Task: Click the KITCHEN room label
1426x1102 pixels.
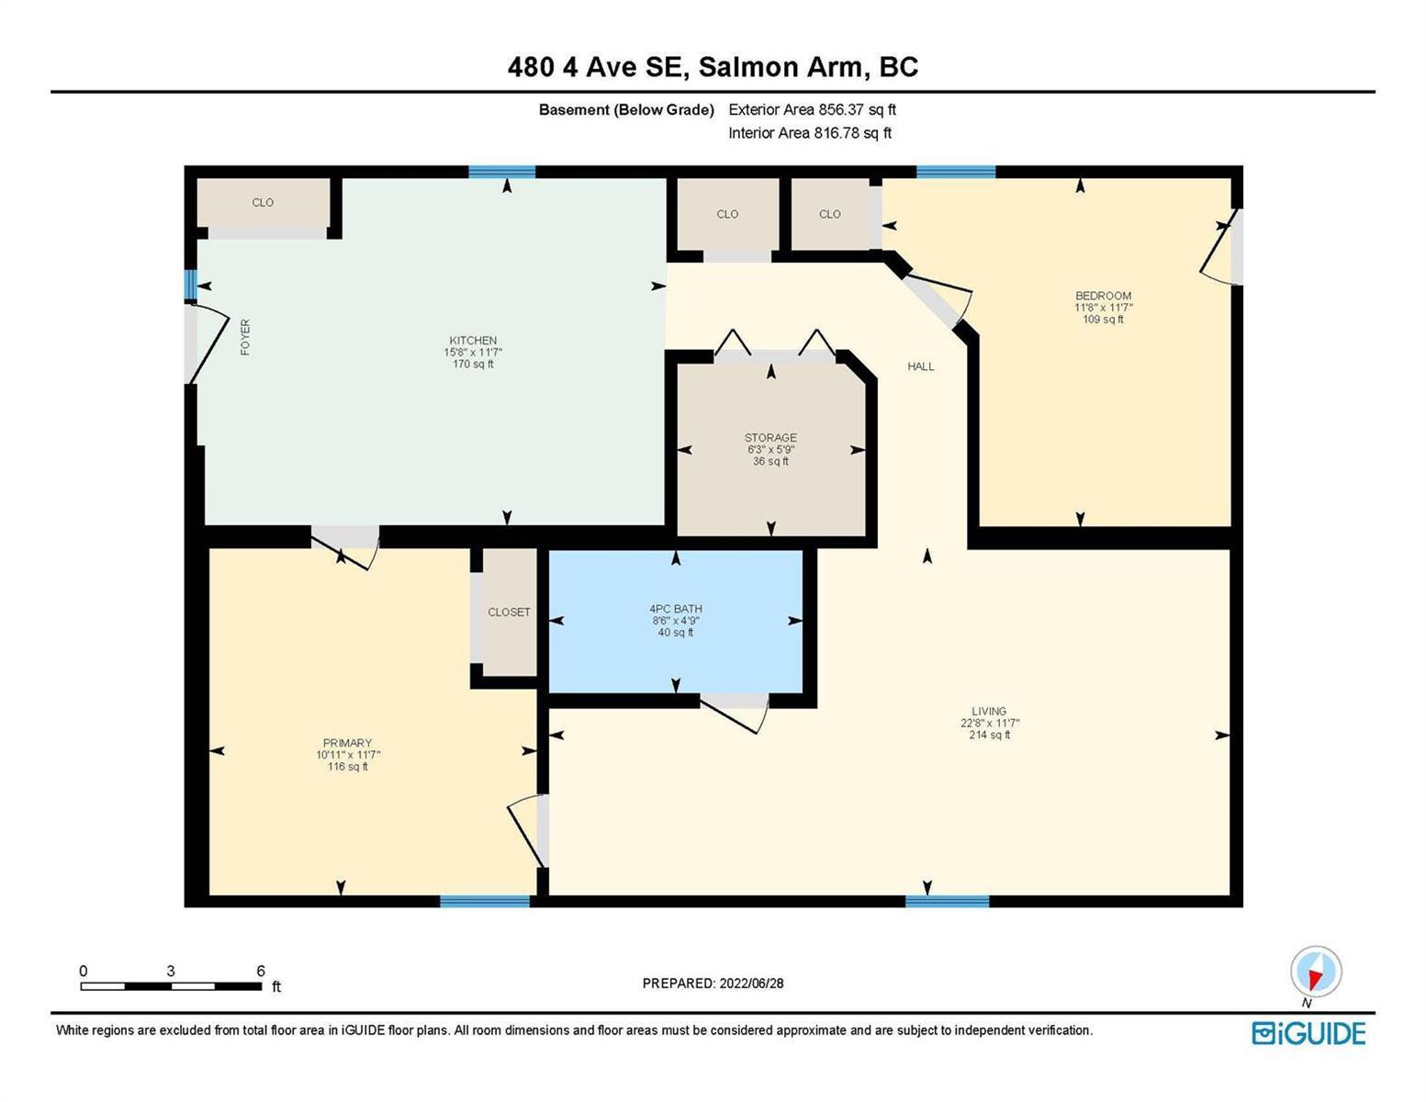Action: tap(473, 340)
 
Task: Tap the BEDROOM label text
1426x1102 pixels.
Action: tap(1103, 296)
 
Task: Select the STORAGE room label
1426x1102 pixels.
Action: tap(770, 437)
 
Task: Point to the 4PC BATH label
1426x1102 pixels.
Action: tap(675, 609)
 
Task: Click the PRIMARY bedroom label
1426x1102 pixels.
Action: tap(347, 742)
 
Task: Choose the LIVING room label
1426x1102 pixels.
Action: tap(989, 711)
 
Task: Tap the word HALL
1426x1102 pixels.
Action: tap(921, 366)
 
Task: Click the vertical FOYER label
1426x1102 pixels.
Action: tap(245, 337)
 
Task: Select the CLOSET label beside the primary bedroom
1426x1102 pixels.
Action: tap(509, 612)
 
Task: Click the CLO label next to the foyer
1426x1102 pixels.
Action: tap(263, 202)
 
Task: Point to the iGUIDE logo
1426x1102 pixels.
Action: tap(1308, 1033)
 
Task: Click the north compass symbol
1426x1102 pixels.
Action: tap(1315, 972)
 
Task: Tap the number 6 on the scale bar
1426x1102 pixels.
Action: tap(261, 971)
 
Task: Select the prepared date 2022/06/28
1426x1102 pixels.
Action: tap(751, 984)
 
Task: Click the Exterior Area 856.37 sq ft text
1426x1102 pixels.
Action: tap(812, 109)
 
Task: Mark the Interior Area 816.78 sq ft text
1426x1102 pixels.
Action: tap(810, 132)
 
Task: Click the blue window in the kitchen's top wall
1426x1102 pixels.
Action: tap(502, 172)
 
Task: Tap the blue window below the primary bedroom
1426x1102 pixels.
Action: tap(484, 901)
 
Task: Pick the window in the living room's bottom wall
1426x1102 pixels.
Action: tap(947, 901)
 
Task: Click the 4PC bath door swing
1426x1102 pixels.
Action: tap(734, 715)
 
